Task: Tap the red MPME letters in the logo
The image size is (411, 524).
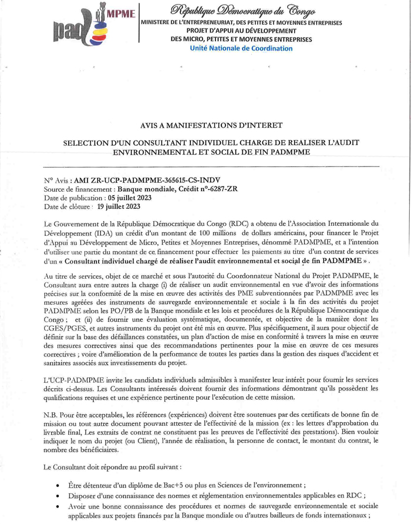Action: click(x=121, y=13)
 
